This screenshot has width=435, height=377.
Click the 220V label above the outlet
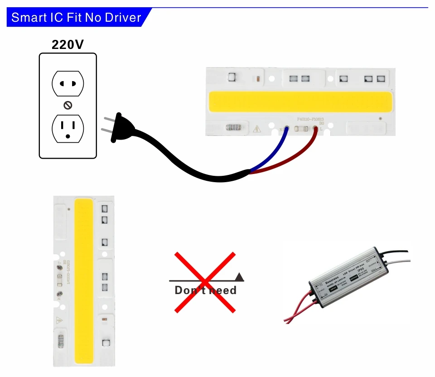coord(68,44)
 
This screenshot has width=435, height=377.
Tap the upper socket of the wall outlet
coord(68,84)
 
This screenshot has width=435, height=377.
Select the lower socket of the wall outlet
coord(68,128)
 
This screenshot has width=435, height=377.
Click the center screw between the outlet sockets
coord(68,106)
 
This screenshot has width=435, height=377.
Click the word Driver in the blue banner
coord(123,18)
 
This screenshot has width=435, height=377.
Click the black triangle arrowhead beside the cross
coord(240,276)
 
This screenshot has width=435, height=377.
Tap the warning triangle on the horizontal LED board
coord(257,129)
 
